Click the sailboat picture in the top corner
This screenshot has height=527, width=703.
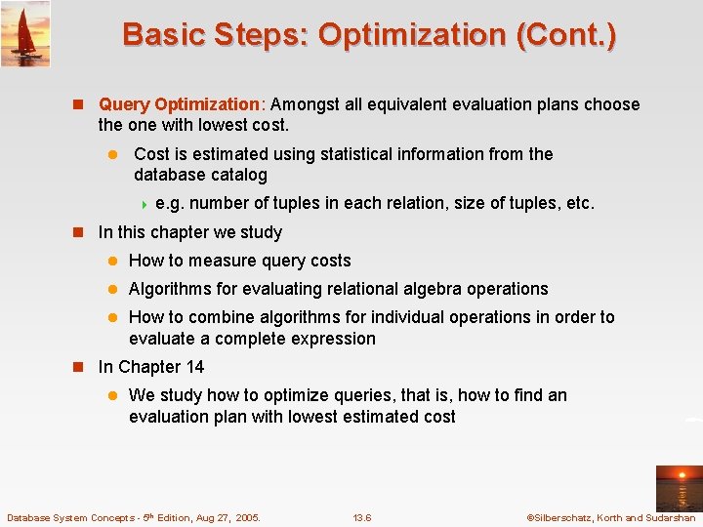[x=25, y=33]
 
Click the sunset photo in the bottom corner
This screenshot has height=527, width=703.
[x=678, y=487]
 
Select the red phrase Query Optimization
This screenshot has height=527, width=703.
[x=179, y=104]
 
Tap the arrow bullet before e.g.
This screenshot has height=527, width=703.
[x=145, y=204]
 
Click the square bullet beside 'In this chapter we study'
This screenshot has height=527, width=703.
[x=83, y=232]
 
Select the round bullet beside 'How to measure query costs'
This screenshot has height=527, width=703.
[x=112, y=261]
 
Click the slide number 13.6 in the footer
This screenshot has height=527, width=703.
[x=362, y=517]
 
